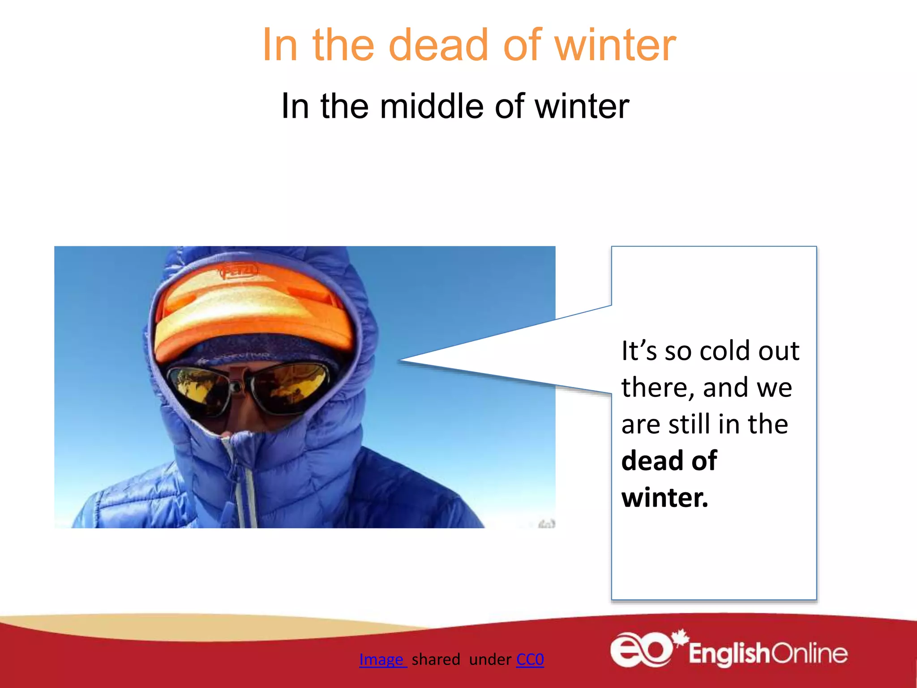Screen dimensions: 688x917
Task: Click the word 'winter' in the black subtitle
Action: [x=582, y=106]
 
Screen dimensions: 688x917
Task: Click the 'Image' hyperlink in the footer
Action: [x=382, y=659]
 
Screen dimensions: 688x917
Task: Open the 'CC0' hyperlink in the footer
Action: [x=530, y=659]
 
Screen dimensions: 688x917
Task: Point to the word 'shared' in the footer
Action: [x=436, y=659]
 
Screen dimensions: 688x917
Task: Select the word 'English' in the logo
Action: [x=728, y=654]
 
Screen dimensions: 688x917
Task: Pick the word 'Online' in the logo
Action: [x=809, y=654]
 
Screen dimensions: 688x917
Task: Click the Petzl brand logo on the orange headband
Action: [x=239, y=271]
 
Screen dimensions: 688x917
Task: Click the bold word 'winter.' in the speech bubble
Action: [x=665, y=498]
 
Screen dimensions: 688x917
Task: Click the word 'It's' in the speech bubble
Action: [x=639, y=351]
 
